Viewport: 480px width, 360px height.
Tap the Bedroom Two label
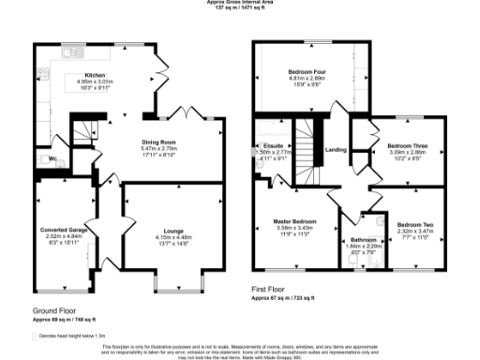click(414, 225)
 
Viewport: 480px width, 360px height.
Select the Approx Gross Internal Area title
click(239, 3)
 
